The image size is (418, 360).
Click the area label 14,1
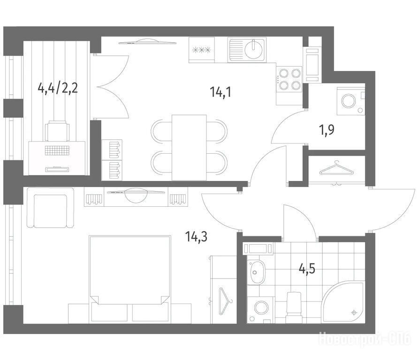220,92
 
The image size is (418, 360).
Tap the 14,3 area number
197,236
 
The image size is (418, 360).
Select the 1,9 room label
327,130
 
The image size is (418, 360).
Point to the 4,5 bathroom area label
307,269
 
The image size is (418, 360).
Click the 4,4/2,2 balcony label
58,88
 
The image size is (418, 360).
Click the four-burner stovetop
289,79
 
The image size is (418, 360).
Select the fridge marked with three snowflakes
202,50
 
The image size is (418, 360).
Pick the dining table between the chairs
189,148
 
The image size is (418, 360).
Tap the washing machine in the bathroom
260,309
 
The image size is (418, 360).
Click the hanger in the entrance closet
337,169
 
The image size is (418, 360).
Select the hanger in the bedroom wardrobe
226,300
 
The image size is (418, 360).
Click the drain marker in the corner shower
354,312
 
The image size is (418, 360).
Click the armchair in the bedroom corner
50,208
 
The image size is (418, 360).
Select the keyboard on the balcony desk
57,150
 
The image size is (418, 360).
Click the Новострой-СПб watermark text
365,339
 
